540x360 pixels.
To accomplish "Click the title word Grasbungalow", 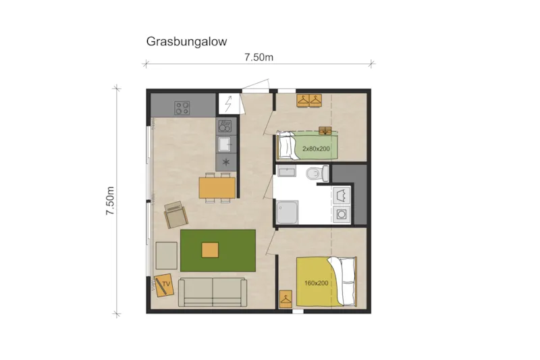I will click(186, 41).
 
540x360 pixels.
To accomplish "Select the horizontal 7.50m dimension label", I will click(259, 57).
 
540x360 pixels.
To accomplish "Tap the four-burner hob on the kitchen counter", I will click(182, 107).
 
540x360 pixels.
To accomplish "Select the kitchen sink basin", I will click(225, 143).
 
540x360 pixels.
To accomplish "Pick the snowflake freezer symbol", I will click(225, 162).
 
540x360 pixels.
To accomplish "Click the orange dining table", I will click(217, 186).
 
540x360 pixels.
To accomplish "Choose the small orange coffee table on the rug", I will click(210, 249).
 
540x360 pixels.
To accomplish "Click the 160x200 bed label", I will click(317, 283).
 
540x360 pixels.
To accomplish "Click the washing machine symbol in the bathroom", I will click(342, 215).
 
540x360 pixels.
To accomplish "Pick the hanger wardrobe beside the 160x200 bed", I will click(286, 297).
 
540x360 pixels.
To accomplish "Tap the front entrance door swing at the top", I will click(256, 84).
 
